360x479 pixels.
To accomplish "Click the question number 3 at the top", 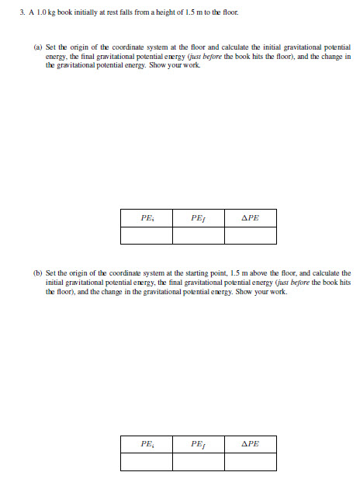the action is pos(22,14).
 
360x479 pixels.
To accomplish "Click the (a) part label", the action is pos(38,47).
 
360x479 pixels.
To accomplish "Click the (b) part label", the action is pos(38,273).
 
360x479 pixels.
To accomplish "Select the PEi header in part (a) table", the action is pos(147,218).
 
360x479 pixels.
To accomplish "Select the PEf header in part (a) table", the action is pos(199,218).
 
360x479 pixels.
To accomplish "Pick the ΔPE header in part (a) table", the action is pos(250,218).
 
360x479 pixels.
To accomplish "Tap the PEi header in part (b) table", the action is pos(147,444).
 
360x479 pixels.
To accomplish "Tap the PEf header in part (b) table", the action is pos(199,444).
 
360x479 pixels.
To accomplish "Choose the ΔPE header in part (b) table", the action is pos(250,444).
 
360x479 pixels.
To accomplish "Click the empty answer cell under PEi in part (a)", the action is pos(147,235).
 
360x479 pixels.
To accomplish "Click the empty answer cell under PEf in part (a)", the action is pos(199,235).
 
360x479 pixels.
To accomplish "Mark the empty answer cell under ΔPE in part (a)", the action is pos(250,235).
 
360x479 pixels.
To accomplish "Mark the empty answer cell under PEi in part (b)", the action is pos(147,461).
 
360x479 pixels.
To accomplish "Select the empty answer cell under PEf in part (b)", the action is pos(199,461).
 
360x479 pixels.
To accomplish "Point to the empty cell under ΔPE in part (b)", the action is pos(250,461).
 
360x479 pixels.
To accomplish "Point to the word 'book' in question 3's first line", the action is pos(64,14).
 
